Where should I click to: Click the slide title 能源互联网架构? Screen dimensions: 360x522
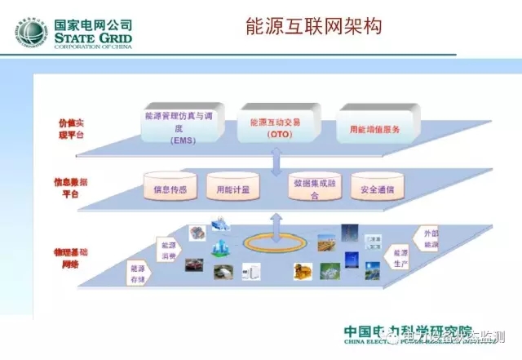click(x=313, y=27)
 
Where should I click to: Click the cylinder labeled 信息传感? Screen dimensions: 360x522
click(x=170, y=189)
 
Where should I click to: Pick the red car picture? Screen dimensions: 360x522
click(x=193, y=264)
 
